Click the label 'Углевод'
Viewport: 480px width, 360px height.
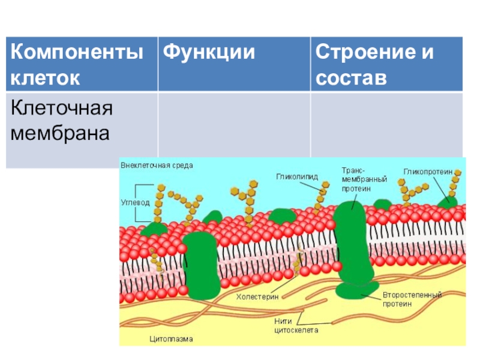(x=136, y=203)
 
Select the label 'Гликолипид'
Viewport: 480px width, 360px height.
(x=296, y=176)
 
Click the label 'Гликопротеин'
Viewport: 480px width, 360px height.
(x=427, y=171)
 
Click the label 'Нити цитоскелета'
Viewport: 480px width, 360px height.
(x=296, y=325)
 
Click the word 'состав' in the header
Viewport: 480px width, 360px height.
(x=352, y=78)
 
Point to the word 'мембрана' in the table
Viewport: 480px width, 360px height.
(x=60, y=133)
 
